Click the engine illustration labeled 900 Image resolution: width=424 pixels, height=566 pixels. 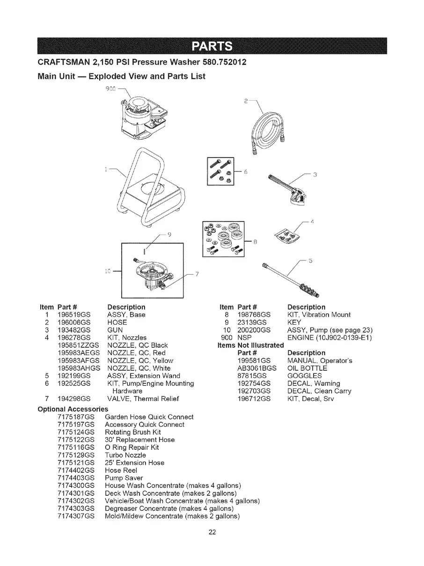(x=140, y=117)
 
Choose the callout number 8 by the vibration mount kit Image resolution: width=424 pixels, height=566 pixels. (x=256, y=242)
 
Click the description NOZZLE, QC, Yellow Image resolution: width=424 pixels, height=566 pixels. (x=140, y=360)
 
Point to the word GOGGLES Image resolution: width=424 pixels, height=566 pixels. (x=304, y=376)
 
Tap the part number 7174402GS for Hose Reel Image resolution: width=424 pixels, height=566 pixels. (x=76, y=470)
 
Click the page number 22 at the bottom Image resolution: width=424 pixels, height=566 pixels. (x=212, y=531)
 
